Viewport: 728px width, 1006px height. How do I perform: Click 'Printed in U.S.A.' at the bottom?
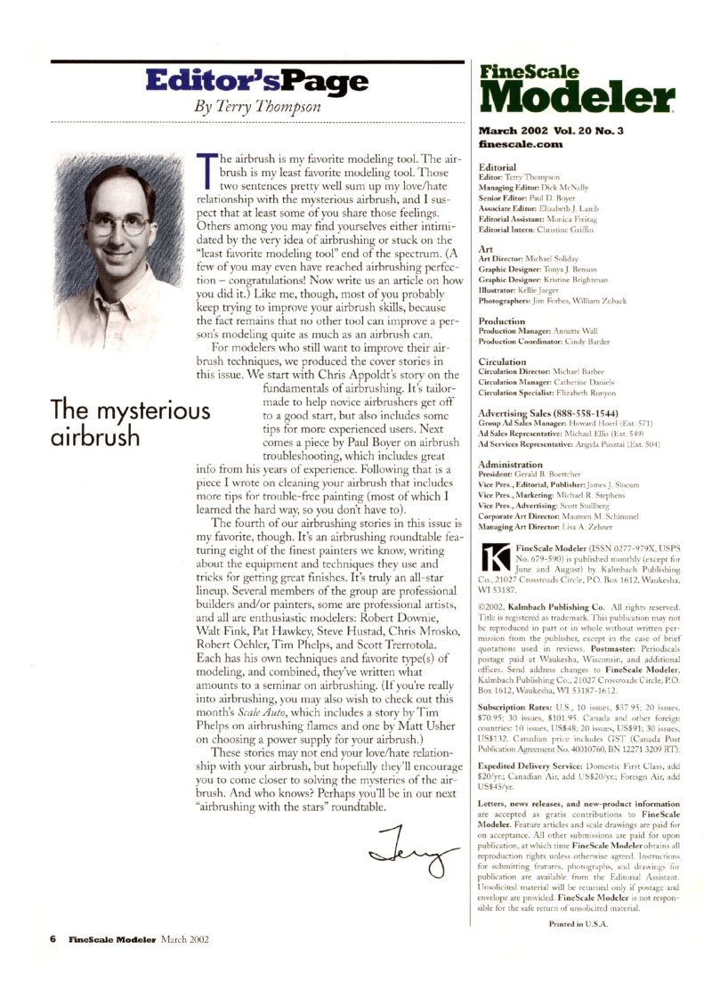(583, 923)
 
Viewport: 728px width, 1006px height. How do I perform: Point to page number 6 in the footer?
(53, 937)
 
